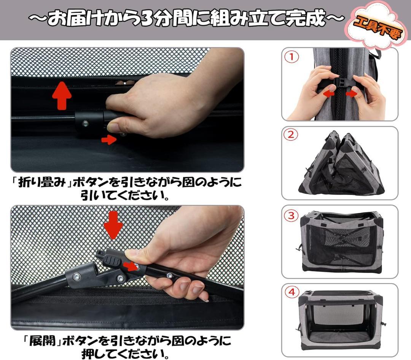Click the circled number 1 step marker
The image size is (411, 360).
pyautogui.click(x=292, y=57)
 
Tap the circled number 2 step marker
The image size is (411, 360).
pyautogui.click(x=291, y=135)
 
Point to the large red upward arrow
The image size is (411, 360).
pyautogui.click(x=62, y=95)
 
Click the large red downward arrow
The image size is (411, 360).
pyautogui.click(x=113, y=225)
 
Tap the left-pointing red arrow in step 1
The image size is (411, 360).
pyautogui.click(x=328, y=94)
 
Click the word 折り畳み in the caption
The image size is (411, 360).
pyautogui.click(x=41, y=182)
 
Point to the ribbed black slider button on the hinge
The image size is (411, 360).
pyautogui.click(x=112, y=261)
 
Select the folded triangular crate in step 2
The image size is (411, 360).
pyautogui.click(x=341, y=163)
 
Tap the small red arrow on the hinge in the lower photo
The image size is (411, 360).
pyautogui.click(x=131, y=266)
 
